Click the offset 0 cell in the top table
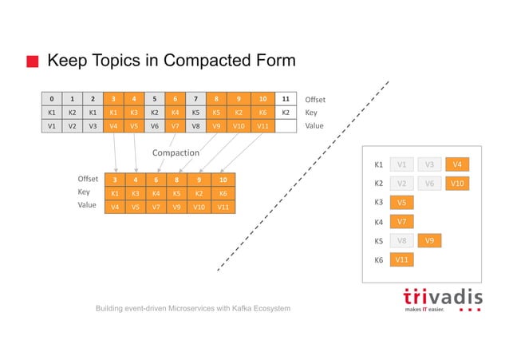point(52,99)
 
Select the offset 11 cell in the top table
point(286,99)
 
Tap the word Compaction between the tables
point(176,152)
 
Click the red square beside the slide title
point(33,61)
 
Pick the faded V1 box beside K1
point(403,164)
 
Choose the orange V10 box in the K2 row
point(457,184)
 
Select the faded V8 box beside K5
point(403,240)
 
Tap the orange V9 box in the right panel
point(430,240)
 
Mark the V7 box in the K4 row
point(403,221)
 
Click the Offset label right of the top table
point(316,100)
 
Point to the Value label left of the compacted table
point(87,205)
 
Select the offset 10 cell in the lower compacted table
point(223,180)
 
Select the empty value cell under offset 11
point(286,125)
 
